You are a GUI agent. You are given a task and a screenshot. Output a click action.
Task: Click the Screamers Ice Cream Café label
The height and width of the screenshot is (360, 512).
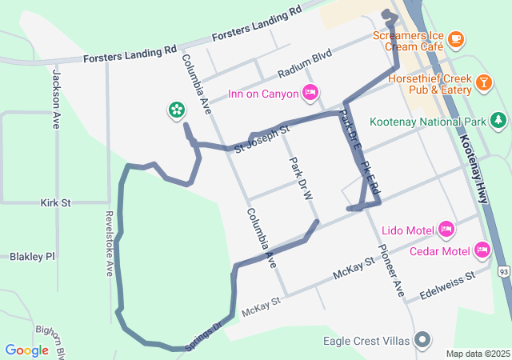point(408,42)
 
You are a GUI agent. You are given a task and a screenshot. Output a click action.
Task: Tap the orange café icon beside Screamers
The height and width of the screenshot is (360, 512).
point(455,37)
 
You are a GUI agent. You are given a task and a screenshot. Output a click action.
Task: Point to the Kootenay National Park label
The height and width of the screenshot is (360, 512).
point(428,122)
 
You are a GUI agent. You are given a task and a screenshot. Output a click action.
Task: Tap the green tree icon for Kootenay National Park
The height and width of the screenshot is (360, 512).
point(498,121)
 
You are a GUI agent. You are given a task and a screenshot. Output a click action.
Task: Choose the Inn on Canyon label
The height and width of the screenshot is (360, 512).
point(262,94)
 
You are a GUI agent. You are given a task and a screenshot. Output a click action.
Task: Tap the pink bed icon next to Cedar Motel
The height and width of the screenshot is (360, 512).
point(482,250)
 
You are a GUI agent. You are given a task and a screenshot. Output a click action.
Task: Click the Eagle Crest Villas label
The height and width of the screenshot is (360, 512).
point(366,341)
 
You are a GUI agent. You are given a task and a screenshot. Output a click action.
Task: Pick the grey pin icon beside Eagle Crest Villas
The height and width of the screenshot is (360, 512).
point(422,340)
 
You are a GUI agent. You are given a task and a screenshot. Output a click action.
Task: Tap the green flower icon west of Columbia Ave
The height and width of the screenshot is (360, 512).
point(175,110)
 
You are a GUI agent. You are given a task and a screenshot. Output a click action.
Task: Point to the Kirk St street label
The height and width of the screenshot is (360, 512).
point(56,203)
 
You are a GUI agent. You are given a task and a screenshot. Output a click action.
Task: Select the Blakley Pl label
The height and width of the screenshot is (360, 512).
point(32,257)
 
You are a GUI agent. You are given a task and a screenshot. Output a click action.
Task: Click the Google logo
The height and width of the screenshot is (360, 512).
point(26,350)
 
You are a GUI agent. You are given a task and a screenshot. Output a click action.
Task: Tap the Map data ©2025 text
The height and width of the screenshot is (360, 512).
point(478,354)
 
